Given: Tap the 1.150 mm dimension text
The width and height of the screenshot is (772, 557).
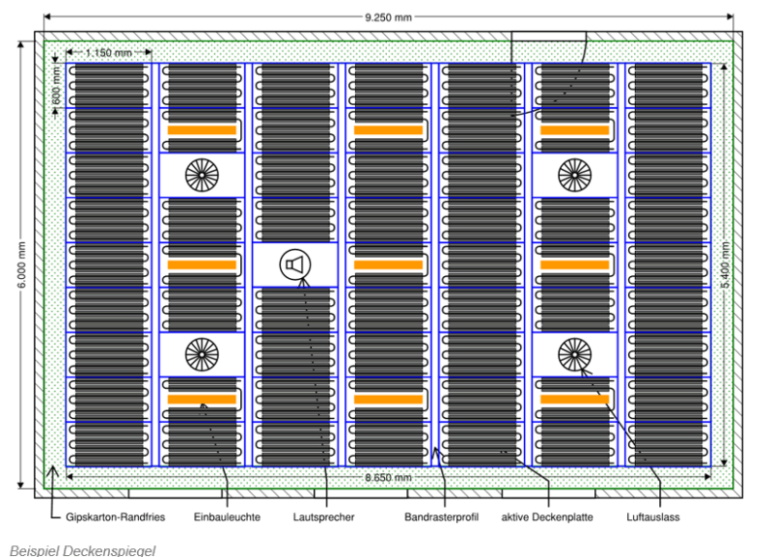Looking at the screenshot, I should [109, 52].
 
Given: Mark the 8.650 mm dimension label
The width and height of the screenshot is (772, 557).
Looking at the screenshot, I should [390, 478].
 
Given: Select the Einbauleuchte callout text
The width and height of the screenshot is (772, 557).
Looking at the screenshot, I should [227, 517].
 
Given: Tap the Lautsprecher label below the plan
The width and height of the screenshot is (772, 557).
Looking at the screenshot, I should [324, 517].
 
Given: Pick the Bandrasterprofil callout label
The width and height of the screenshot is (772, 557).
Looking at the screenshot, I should [441, 517].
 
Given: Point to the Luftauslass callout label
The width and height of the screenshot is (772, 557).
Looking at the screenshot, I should [653, 517].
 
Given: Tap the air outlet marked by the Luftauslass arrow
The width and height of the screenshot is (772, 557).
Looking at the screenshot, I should [574, 354].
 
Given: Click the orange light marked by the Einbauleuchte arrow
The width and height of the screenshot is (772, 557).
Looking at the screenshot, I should [202, 399].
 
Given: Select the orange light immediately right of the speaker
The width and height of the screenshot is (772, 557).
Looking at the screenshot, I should [388, 265].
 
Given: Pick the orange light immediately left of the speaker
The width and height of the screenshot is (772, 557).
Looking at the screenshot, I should [202, 265].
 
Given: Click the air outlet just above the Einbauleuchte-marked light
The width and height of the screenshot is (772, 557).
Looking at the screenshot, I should [202, 354].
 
